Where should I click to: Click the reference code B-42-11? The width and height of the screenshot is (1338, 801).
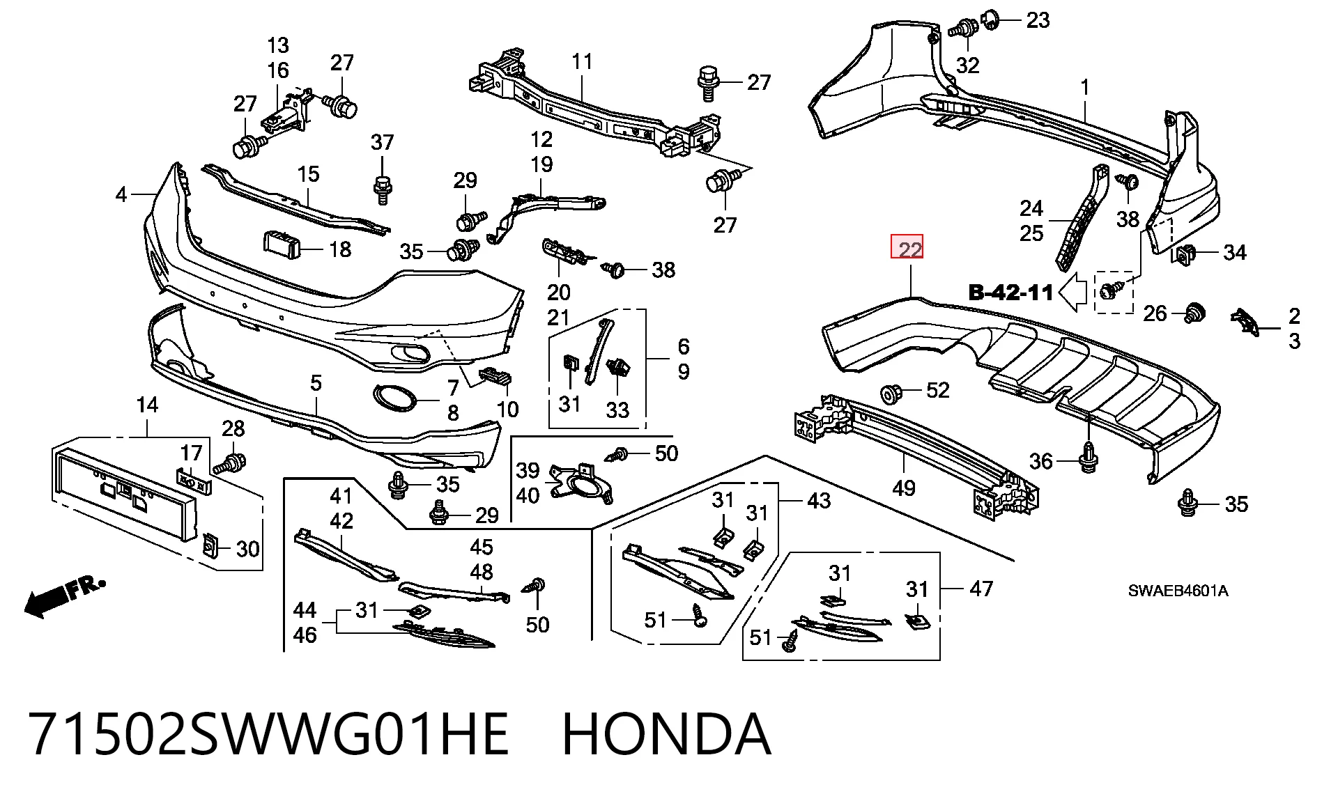pyautogui.click(x=1011, y=293)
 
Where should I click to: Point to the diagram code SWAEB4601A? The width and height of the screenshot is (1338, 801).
pyautogui.click(x=1178, y=591)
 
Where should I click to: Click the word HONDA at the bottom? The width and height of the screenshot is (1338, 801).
pyautogui.click(x=666, y=734)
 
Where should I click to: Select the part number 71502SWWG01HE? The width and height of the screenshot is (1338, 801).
pyautogui.click(x=268, y=734)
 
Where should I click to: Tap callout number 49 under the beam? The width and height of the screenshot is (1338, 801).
pyautogui.click(x=904, y=488)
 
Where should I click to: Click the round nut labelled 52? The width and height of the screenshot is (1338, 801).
pyautogui.click(x=891, y=394)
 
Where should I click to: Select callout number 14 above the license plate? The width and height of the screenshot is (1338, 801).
pyautogui.click(x=147, y=405)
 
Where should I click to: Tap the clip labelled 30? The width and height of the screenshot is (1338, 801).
pyautogui.click(x=209, y=547)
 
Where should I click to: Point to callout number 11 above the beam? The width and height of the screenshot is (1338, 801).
pyautogui.click(x=582, y=61)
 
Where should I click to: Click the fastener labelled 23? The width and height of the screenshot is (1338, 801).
pyautogui.click(x=990, y=20)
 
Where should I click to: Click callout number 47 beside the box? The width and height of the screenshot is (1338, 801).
pyautogui.click(x=981, y=589)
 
